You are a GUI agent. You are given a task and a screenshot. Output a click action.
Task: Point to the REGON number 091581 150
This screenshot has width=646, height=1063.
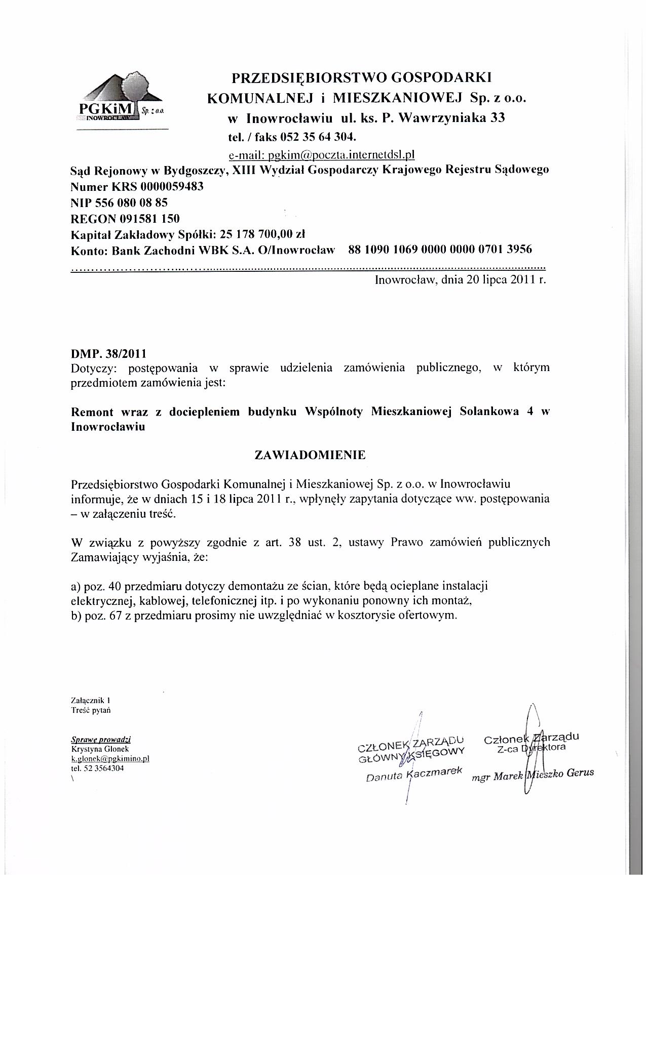tap(149, 218)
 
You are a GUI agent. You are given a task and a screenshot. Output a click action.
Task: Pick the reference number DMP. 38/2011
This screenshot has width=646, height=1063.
tap(109, 353)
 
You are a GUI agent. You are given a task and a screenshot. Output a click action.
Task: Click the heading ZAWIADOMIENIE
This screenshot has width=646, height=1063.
tap(310, 455)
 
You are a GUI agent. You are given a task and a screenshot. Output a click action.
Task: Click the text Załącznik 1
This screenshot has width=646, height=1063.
tap(91, 701)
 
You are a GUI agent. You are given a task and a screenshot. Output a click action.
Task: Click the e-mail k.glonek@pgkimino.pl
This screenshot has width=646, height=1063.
tap(110, 758)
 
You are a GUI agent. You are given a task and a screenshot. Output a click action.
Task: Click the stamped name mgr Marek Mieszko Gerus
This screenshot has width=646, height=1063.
tap(532, 774)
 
